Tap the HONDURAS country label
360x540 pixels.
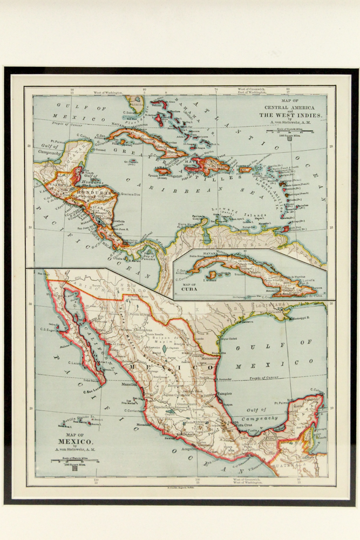97,193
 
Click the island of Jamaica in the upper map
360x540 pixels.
163,171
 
